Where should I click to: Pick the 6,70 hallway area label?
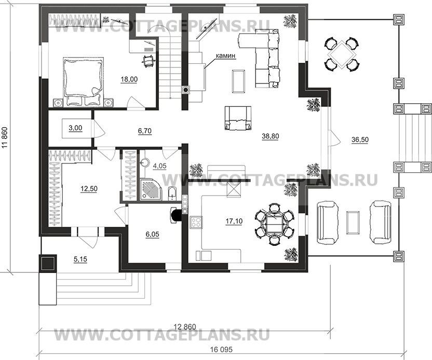tap(145, 133)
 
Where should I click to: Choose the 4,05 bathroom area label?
tap(160, 167)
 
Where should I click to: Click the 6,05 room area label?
tap(153, 234)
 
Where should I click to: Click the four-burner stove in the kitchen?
tap(197, 223)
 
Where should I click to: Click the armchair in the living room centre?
tap(238, 118)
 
